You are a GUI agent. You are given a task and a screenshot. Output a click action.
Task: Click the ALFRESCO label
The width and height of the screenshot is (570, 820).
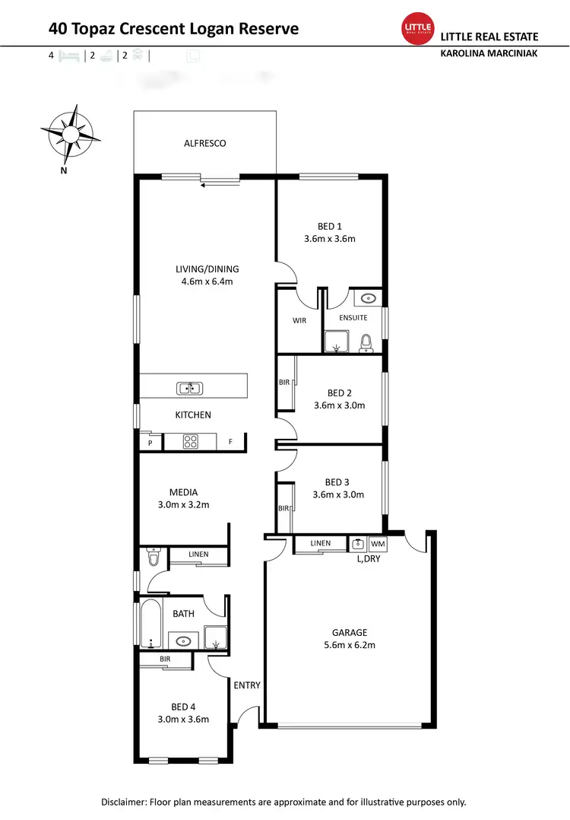tap(205, 143)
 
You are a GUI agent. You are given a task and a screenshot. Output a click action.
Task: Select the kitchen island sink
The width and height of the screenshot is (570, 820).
tap(190, 389)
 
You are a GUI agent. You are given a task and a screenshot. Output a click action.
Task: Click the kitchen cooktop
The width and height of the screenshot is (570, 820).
tap(190, 440)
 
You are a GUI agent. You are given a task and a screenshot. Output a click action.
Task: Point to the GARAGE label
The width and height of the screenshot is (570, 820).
tap(350, 632)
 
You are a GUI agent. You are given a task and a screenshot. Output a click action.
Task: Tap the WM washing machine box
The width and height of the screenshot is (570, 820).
tap(377, 544)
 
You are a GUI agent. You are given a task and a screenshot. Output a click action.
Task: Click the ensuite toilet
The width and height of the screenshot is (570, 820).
tap(366, 343)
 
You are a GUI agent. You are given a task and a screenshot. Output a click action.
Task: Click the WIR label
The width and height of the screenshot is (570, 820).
tap(299, 321)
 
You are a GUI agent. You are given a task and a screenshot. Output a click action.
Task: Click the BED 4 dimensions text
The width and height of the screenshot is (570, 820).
tap(183, 719)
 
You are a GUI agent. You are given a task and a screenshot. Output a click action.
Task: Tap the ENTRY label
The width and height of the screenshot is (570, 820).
tap(247, 685)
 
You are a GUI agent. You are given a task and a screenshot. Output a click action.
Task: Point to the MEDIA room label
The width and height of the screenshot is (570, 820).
tap(183, 492)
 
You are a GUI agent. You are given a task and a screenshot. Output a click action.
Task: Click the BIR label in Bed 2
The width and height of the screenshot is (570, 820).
tap(284, 383)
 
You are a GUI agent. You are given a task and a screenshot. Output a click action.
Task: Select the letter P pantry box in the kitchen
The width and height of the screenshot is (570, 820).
tap(150, 442)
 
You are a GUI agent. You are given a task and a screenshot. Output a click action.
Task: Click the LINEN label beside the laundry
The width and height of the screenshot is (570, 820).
tap(321, 543)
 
